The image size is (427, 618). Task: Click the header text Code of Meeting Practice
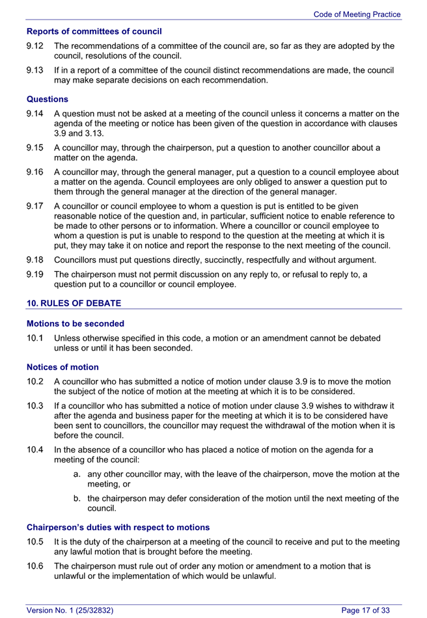(x=357, y=14)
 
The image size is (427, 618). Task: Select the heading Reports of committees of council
(x=94, y=31)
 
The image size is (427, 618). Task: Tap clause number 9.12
(x=35, y=46)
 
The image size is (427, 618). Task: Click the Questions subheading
(x=47, y=100)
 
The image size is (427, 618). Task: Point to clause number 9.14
(x=35, y=114)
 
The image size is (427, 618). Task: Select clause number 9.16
(x=35, y=172)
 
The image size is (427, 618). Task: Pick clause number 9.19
(x=35, y=275)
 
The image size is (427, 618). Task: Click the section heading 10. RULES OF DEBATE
(x=74, y=303)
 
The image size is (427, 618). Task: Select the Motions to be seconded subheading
(x=75, y=323)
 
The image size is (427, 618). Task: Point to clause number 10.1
(x=35, y=338)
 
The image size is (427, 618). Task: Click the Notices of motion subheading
(x=62, y=367)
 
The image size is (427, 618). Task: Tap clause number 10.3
(x=35, y=406)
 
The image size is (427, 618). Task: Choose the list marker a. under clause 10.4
(x=77, y=474)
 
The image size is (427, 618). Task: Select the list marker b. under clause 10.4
(x=77, y=499)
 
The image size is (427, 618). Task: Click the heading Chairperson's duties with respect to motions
(x=118, y=527)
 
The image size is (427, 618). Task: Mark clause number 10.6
(x=35, y=566)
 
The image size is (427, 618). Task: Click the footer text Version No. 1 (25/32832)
(x=70, y=610)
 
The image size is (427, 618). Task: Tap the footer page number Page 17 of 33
(x=366, y=610)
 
